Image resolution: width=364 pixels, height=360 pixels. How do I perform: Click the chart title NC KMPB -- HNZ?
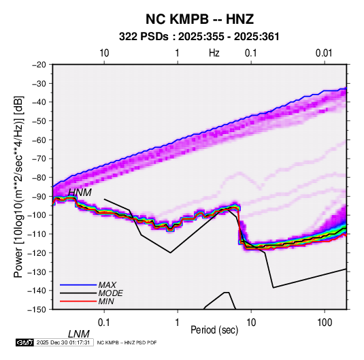coord(199,19)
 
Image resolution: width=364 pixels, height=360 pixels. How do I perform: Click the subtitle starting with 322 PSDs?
coord(199,37)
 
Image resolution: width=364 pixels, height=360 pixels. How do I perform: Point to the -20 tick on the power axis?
coord(39,65)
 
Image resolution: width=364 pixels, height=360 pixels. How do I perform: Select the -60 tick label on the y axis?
coord(39,140)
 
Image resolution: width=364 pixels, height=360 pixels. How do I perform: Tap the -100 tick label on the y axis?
coord(37,215)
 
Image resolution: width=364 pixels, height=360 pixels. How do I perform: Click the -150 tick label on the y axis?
coord(37,310)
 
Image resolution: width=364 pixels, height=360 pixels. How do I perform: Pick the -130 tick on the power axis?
coord(37,272)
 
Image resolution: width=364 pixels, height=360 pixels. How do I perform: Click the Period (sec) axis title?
coord(214,330)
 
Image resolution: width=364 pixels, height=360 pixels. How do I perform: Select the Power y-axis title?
coord(18,186)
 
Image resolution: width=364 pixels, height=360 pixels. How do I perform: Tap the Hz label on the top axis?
coord(214,53)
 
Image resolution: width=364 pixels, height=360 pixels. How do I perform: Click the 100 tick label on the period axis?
coord(325,323)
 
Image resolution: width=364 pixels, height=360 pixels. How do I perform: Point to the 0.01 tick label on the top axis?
coord(324,53)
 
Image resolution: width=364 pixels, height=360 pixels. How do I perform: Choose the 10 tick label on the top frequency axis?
coord(104,53)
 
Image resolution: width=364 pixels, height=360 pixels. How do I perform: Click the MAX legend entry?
coord(107,285)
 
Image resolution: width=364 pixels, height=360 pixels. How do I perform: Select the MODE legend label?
coord(110,293)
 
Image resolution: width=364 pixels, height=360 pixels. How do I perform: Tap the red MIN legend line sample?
coord(78,301)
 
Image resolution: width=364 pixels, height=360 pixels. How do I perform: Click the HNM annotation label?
coord(80,193)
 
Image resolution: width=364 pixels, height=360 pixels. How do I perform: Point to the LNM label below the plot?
coord(79,334)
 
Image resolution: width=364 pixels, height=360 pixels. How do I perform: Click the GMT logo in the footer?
coord(24,342)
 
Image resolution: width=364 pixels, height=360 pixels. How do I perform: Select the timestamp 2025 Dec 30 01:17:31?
coord(63,342)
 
